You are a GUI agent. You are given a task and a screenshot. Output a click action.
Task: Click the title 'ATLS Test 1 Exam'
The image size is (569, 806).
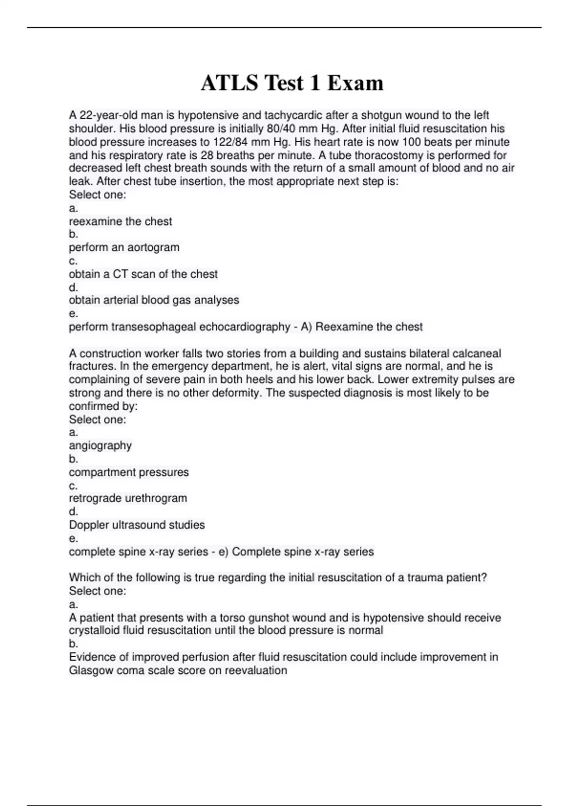tap(292, 83)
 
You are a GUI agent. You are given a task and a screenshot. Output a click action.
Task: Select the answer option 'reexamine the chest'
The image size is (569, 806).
tap(120, 221)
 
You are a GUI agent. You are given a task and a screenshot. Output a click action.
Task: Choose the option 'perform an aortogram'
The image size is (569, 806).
tap(124, 247)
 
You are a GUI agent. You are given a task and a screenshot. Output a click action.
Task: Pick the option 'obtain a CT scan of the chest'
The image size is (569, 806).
tap(143, 274)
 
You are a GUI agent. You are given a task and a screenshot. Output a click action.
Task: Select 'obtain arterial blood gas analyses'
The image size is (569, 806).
tap(154, 300)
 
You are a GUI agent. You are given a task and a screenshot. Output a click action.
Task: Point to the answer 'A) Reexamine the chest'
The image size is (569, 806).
tap(361, 327)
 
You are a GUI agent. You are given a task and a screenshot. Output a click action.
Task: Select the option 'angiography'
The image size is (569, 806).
tap(100, 446)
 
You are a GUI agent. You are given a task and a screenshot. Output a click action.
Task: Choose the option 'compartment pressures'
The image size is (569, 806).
tap(128, 472)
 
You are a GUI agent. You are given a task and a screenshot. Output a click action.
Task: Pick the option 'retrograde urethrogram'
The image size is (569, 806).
tap(128, 498)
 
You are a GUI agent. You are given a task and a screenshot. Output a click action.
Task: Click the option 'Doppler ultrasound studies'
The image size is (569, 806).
tap(137, 525)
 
